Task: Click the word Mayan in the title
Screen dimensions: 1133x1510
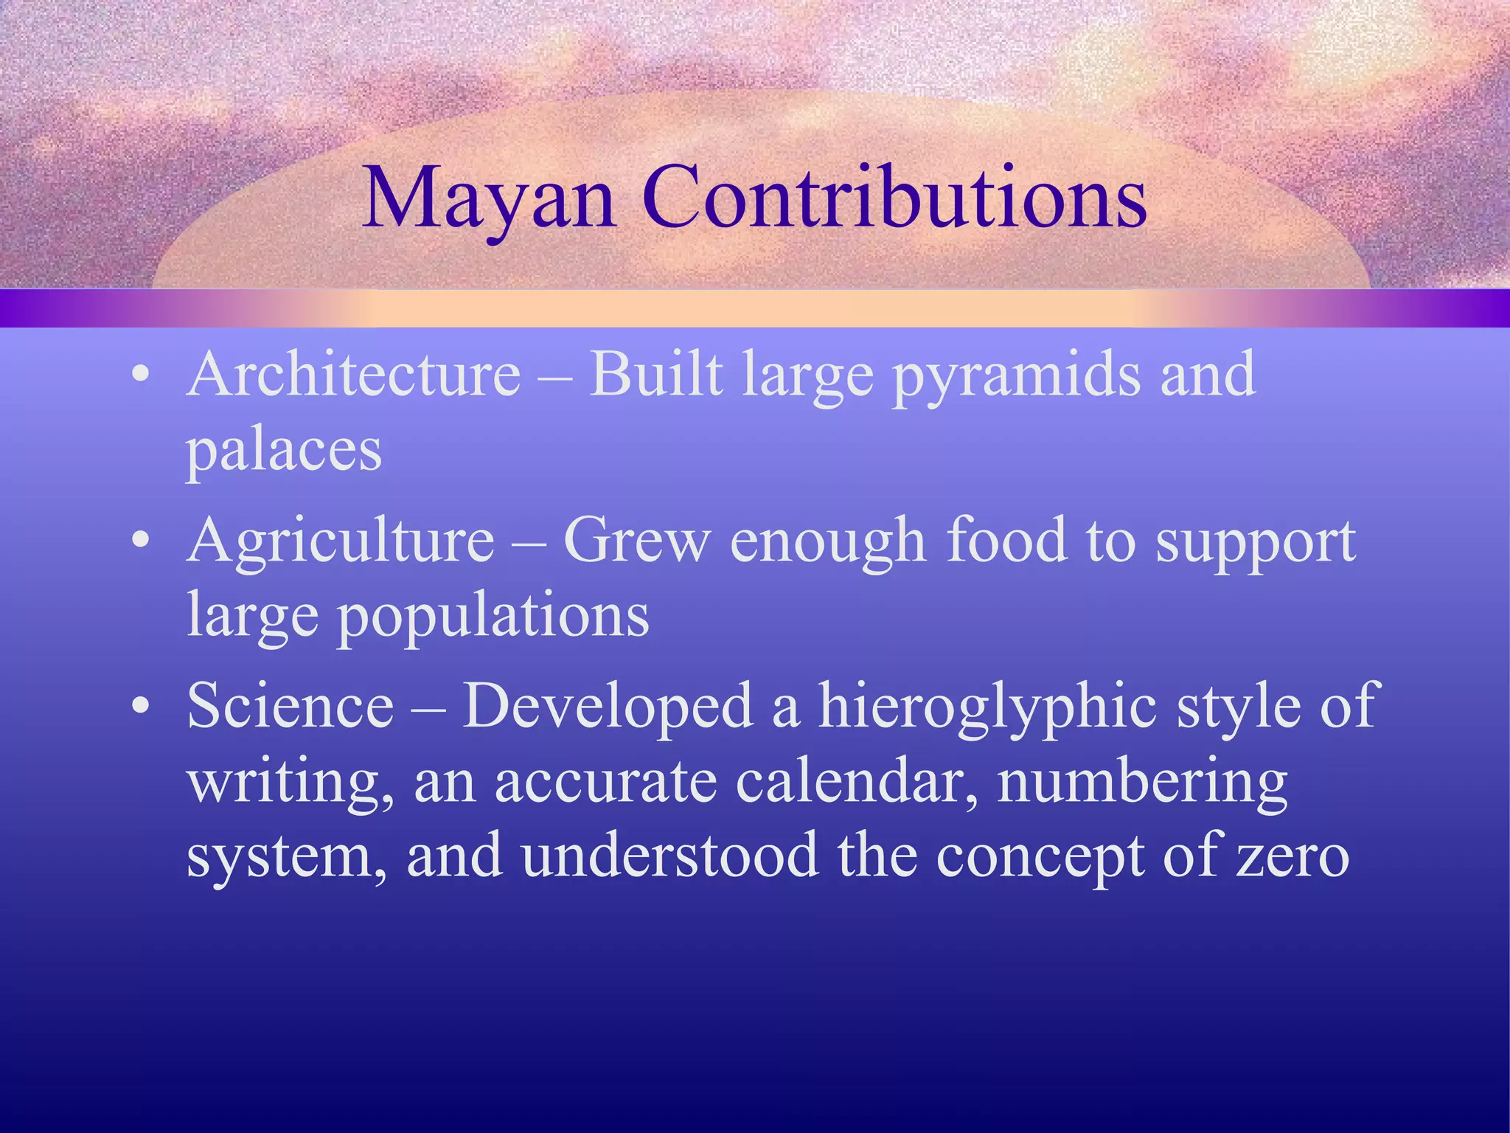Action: [488, 198]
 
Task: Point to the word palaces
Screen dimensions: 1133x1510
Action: [284, 451]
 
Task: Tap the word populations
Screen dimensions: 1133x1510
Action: [493, 617]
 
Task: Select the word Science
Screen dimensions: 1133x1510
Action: [290, 706]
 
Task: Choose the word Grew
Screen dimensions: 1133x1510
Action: [636, 540]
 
